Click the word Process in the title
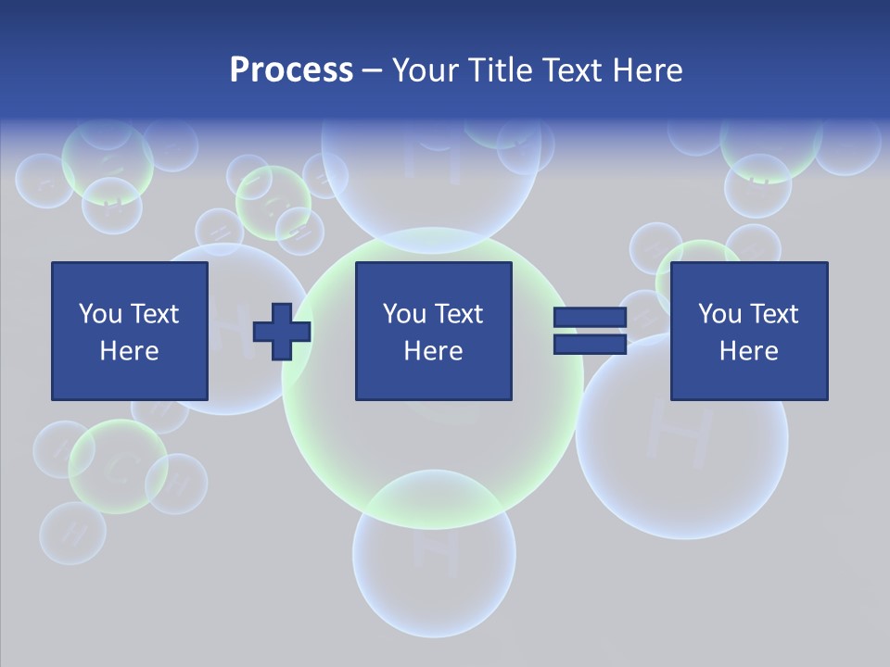(291, 70)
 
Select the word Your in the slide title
(426, 70)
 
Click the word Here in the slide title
(647, 70)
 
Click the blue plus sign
(282, 331)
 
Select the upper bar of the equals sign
(590, 318)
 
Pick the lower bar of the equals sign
(590, 344)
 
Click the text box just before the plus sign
(130, 331)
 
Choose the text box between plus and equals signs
(433, 331)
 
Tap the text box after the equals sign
(748, 331)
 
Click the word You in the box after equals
(719, 314)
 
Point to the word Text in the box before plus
(154, 314)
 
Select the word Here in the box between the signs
(433, 351)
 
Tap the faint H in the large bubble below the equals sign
(681, 428)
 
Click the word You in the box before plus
(100, 314)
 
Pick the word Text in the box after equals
(773, 314)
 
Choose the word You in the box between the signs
(404, 314)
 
